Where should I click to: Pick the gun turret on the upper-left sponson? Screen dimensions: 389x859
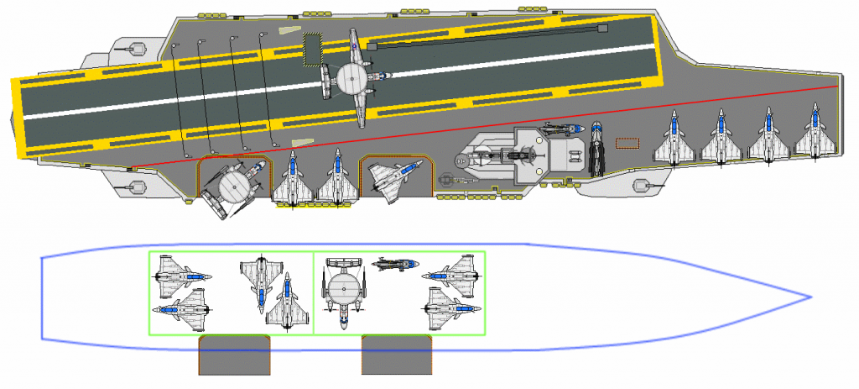point(129,48)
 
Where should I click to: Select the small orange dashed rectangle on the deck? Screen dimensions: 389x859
point(627,143)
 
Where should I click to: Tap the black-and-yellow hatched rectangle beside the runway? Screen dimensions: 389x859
point(313,49)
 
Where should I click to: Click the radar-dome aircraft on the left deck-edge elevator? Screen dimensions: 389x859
point(232,187)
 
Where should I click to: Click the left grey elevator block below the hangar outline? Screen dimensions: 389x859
point(234,355)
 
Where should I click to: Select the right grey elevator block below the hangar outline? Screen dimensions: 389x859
point(397,355)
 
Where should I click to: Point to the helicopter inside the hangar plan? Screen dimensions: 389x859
point(394,265)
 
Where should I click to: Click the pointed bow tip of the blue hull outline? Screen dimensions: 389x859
point(810,297)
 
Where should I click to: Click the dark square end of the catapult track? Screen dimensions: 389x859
point(601,29)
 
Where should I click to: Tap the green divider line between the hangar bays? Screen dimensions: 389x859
point(314,292)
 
